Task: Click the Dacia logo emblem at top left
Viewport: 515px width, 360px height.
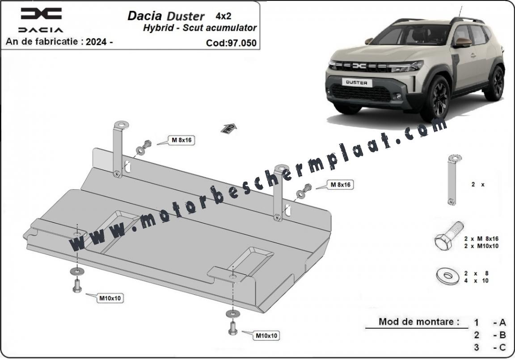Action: coord(41,14)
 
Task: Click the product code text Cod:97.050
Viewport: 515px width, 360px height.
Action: coord(231,43)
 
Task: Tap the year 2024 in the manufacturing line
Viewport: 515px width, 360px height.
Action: coord(98,42)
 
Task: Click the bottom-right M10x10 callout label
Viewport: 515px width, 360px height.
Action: coord(266,335)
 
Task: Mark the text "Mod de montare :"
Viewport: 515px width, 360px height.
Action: coord(419,321)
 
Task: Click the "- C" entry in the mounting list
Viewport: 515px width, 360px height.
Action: coord(499,347)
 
